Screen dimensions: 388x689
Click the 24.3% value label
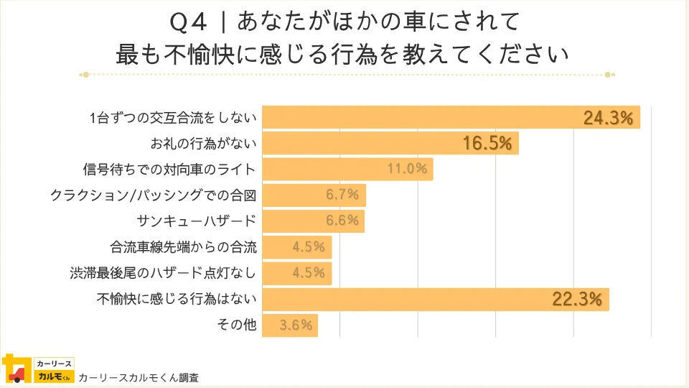pyautogui.click(x=608, y=119)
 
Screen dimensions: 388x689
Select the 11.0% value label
pyautogui.click(x=407, y=170)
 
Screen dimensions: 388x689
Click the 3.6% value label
pyautogui.click(x=296, y=325)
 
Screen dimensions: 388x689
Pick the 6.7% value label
pyautogui.click(x=342, y=195)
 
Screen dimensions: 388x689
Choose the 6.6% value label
pyautogui.click(x=342, y=221)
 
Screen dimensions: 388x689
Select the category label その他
pyautogui.click(x=236, y=325)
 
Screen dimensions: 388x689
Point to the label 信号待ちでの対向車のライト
pyautogui.click(x=169, y=170)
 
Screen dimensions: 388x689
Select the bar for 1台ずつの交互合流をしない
pyautogui.click(x=431, y=119)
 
